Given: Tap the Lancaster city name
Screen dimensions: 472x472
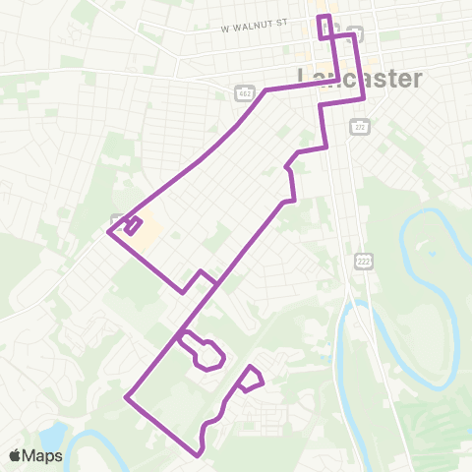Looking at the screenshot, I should tap(360, 79).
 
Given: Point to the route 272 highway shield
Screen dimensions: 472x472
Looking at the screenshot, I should tap(355, 126).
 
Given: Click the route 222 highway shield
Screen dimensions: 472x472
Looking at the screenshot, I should tap(363, 258).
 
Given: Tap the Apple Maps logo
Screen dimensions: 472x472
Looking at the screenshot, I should tap(35, 455).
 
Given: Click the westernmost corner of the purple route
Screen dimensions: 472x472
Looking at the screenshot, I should tap(107, 232).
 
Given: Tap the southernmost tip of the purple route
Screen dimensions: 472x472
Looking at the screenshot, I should tap(199, 455).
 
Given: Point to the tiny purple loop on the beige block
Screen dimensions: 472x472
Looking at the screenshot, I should tap(132, 226).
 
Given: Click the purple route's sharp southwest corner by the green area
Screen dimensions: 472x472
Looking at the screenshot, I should tap(127, 397).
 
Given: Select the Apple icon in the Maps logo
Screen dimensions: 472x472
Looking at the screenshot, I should tap(16, 455).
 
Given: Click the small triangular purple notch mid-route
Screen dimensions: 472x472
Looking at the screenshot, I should tap(201, 275).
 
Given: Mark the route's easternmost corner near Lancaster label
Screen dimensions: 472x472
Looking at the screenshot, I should tap(365, 97).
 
